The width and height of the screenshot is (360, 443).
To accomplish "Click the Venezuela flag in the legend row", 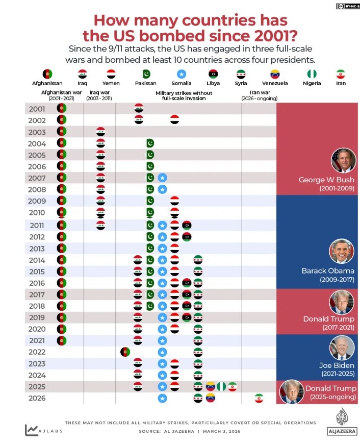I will tap(275, 74).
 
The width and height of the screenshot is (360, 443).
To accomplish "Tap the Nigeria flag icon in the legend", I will tap(312, 74).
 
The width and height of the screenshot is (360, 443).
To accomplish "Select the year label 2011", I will tap(37, 226).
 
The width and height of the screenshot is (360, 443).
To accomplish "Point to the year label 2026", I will tap(37, 398).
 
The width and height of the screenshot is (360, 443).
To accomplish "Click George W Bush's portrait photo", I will tap(343, 160).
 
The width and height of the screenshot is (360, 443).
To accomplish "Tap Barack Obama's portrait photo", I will tap(342, 252).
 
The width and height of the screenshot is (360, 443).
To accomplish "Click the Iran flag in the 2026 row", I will tap(259, 398).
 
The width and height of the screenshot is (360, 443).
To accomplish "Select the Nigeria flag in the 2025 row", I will tap(221, 386).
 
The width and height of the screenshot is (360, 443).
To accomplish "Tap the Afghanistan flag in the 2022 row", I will tap(125, 352).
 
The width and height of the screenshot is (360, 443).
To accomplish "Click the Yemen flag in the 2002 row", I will tap(174, 120).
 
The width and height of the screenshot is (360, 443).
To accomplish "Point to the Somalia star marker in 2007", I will tap(162, 178).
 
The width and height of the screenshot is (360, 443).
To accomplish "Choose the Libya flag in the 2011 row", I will tap(187, 225).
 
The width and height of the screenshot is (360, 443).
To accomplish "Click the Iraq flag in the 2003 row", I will tap(101, 132).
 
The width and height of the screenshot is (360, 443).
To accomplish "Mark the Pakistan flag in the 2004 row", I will tap(150, 143).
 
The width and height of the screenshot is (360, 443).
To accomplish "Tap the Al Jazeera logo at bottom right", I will tap(341, 421).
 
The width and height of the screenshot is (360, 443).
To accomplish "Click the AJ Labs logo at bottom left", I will tap(40, 430).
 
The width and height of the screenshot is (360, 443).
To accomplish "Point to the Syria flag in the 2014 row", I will tap(198, 260).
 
